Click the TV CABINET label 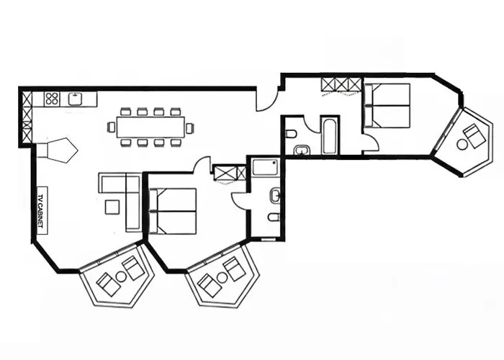[x=41, y=210]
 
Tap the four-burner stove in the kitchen [x=51, y=99]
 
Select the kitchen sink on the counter [x=76, y=99]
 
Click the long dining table [x=149, y=127]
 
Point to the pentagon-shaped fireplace [x=58, y=150]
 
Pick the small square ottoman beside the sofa [x=112, y=207]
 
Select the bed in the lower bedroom [x=173, y=210]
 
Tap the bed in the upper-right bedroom [x=387, y=106]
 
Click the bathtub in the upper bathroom [x=330, y=135]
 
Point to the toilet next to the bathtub [x=291, y=134]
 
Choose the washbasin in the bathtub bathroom [x=302, y=150]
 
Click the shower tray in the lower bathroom [x=264, y=168]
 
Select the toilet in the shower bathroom [x=274, y=216]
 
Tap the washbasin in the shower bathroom [x=276, y=194]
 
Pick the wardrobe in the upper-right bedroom [x=340, y=84]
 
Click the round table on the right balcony [x=462, y=144]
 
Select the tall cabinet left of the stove [x=27, y=115]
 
